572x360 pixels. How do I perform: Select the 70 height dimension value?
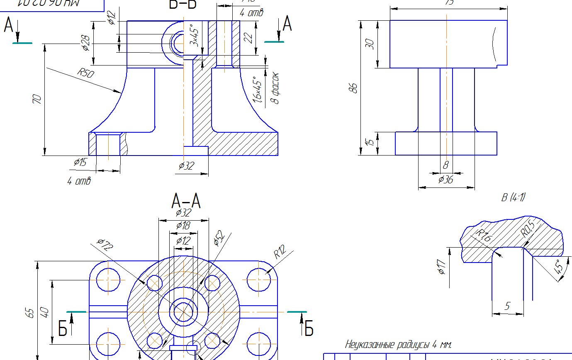tap(37, 99)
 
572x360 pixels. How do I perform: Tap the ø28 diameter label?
tap(86, 43)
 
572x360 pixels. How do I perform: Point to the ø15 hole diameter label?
tap(80, 162)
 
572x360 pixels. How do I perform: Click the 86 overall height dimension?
tap(353, 88)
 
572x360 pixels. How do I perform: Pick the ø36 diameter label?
tap(445, 180)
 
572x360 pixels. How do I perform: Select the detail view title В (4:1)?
tap(513, 197)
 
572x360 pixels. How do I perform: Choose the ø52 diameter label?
tap(219, 238)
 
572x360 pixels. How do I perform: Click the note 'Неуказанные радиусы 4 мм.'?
tap(398, 344)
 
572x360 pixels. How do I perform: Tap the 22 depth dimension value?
tap(248, 38)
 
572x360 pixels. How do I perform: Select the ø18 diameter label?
tap(183, 226)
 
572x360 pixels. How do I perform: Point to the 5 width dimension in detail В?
tap(507, 306)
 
